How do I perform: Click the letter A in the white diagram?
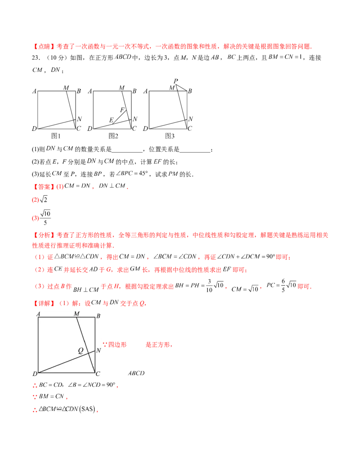click(39, 314)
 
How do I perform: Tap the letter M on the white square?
click(76, 313)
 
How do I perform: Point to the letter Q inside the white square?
click(81, 351)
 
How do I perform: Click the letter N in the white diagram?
click(99, 350)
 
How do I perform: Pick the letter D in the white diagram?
click(35, 374)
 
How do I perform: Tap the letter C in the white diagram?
click(98, 374)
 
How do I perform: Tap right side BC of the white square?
click(95, 333)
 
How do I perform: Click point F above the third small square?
click(176, 80)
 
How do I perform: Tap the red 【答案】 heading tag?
click(45, 187)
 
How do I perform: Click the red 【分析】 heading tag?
click(45, 235)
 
